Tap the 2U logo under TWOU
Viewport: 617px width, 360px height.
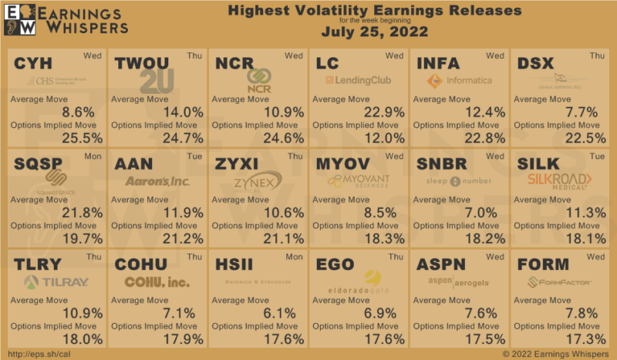[x=158, y=82]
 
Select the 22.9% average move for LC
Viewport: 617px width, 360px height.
[x=385, y=112]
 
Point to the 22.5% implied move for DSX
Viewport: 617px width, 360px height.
[x=585, y=138]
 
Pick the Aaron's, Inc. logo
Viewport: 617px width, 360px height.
[x=157, y=181]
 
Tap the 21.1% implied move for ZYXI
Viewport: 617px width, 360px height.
[x=284, y=238]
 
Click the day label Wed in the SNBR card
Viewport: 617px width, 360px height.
[x=494, y=156]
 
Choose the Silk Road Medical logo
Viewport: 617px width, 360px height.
[x=560, y=180]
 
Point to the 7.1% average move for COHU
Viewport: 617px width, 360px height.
[x=186, y=312]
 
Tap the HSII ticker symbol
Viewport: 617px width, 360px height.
[x=234, y=264]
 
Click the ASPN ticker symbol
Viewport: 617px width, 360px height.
[x=440, y=264]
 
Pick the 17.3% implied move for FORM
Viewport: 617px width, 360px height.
[x=585, y=338]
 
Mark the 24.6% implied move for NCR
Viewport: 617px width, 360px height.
[x=284, y=138]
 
